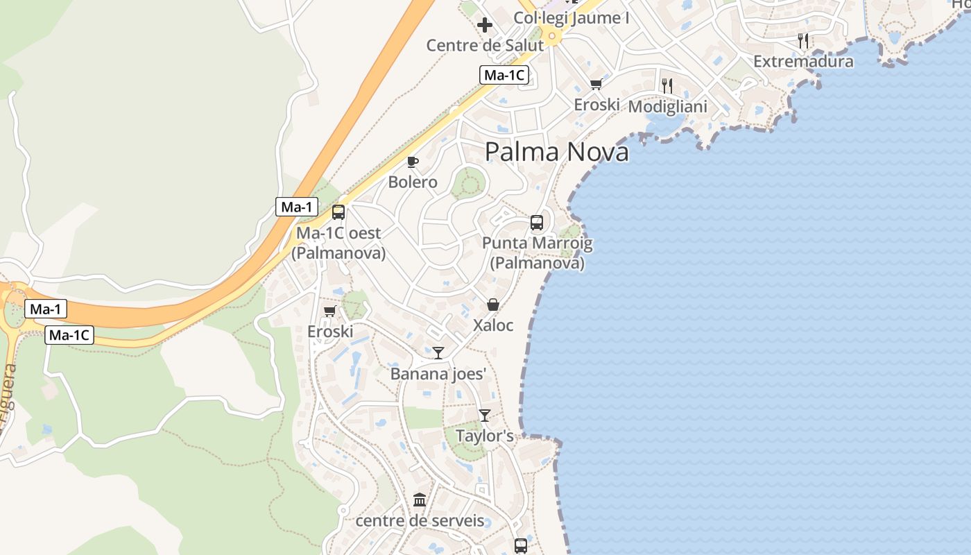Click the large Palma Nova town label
tap(556, 152)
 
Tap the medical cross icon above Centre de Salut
tap(485, 26)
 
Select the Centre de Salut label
tap(485, 46)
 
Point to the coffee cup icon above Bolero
tap(413, 162)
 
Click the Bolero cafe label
tap(413, 182)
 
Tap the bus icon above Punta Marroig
tap(537, 223)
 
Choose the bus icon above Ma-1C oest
tap(338, 212)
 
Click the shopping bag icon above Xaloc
tap(493, 305)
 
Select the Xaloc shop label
tap(493, 325)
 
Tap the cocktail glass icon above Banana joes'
tap(438, 353)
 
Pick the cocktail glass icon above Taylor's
tap(485, 416)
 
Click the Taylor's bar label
tap(485, 436)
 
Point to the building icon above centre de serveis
tap(420, 500)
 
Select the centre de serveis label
tap(420, 520)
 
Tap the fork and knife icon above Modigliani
tap(667, 86)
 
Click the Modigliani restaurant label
tap(667, 107)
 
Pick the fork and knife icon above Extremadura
tap(803, 41)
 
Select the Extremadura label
tap(803, 62)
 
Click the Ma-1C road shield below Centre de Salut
tap(504, 75)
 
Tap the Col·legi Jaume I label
tap(572, 18)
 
